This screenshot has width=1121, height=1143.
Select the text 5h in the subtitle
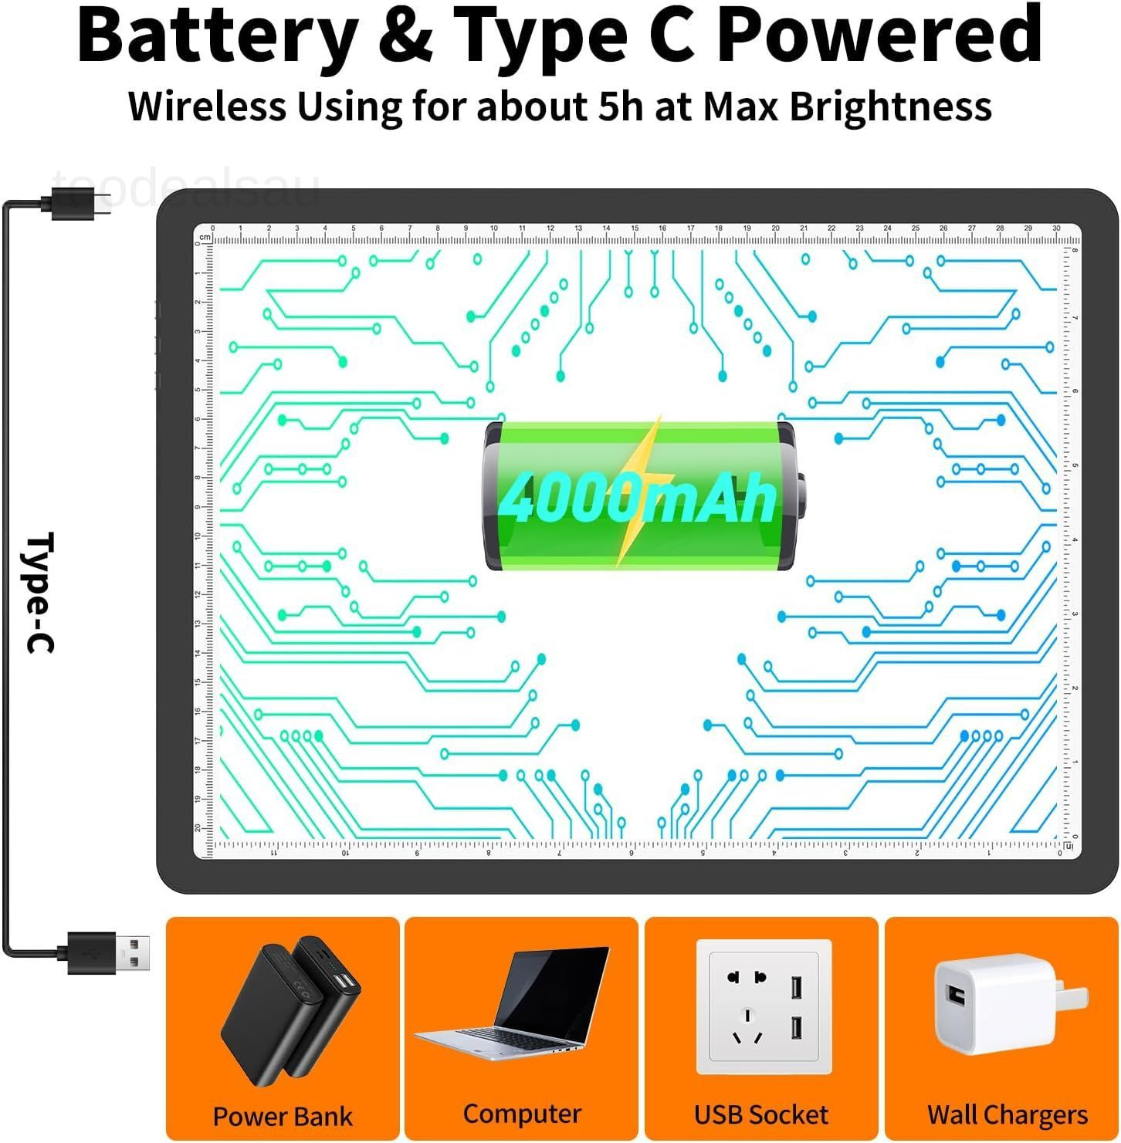(621, 106)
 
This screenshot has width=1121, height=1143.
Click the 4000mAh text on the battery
(637, 498)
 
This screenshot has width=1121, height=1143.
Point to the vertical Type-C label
(40, 592)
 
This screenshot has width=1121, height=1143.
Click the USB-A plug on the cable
(131, 952)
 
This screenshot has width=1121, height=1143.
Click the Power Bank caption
(283, 1116)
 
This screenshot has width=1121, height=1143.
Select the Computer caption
(522, 1114)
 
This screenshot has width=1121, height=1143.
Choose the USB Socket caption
(761, 1114)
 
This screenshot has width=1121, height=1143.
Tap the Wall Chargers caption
(1008, 1114)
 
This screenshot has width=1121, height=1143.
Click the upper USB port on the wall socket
(796, 987)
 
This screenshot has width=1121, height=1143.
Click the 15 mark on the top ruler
(635, 228)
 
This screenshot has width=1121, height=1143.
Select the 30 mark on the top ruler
(1056, 228)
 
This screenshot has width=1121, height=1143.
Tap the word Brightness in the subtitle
(890, 106)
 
